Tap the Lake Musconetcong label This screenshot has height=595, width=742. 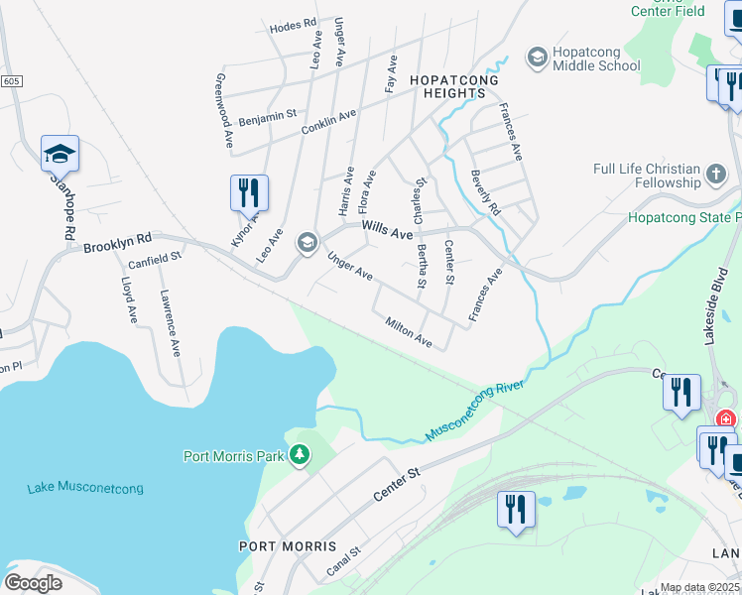[x=85, y=487]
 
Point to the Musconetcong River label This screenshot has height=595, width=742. [x=474, y=411]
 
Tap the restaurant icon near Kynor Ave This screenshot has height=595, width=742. [x=249, y=190]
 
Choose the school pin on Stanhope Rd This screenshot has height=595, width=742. [x=60, y=153]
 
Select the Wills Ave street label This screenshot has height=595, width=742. [x=387, y=230]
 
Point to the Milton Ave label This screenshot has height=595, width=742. [x=409, y=332]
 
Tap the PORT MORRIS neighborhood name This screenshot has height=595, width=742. [x=288, y=546]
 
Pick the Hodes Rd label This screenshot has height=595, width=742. [x=293, y=25]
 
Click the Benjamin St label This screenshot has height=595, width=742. [x=267, y=115]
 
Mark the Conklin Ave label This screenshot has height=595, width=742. [x=328, y=123]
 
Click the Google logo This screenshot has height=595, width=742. [x=33, y=583]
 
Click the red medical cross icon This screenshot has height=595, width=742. [x=725, y=419]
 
